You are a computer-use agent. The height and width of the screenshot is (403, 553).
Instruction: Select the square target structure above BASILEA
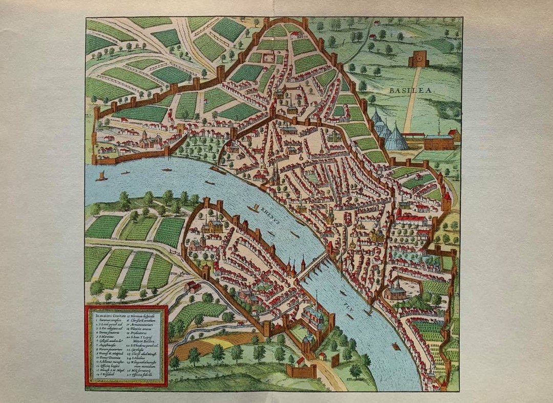click(x=419, y=59)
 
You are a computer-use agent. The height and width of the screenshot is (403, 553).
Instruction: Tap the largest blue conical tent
click(x=396, y=137)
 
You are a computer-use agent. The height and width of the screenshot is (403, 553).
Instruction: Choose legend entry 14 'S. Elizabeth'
click(x=105, y=374)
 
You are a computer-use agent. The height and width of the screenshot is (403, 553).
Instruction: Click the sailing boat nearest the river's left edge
click(x=101, y=176)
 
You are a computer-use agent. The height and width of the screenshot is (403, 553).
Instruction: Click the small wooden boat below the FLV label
click(x=395, y=346)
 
